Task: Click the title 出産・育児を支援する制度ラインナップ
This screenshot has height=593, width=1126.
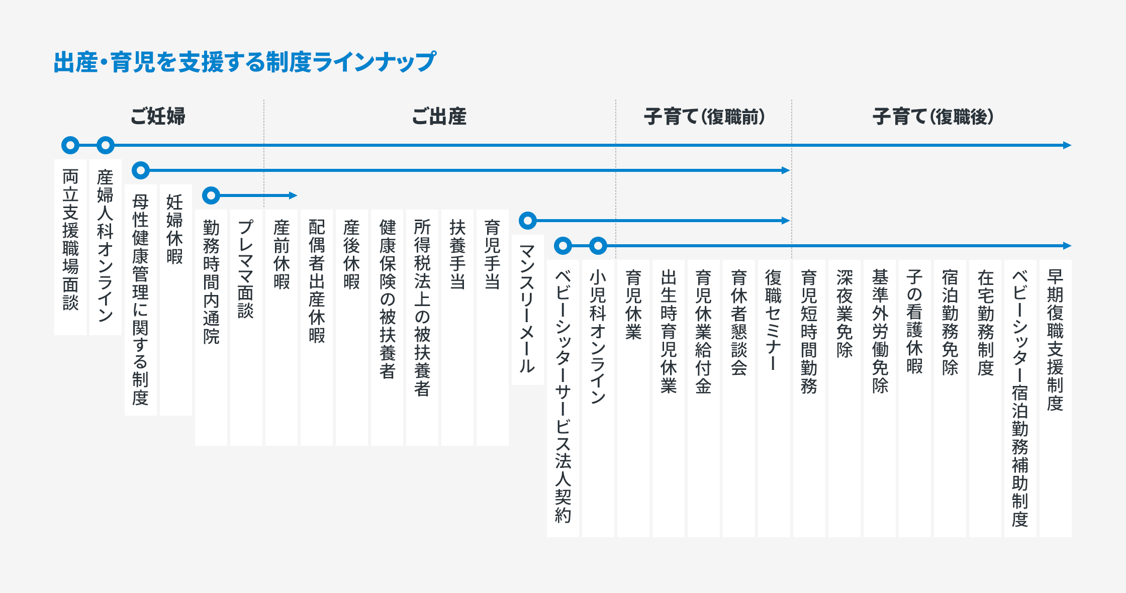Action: [245, 62]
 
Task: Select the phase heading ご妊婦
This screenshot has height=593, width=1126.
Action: [158, 116]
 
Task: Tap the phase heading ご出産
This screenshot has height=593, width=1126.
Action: [439, 116]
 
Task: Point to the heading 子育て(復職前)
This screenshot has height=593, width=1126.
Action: [704, 117]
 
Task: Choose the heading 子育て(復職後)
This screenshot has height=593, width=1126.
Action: [933, 117]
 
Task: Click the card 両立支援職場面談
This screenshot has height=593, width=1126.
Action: [70, 247]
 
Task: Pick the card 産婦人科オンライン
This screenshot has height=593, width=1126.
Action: [106, 247]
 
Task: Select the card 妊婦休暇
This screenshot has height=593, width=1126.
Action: [176, 300]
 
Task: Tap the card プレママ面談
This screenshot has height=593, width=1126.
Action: [246, 328]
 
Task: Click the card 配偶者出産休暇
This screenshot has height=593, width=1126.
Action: [317, 328]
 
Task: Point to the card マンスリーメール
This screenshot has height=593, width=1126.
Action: [528, 310]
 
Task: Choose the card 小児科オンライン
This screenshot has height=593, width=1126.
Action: [598, 398]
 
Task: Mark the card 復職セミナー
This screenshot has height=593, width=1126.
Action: [774, 398]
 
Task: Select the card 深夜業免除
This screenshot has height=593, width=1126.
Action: [844, 398]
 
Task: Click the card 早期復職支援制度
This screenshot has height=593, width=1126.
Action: [1056, 398]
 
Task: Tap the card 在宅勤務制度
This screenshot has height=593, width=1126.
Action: [985, 398]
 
